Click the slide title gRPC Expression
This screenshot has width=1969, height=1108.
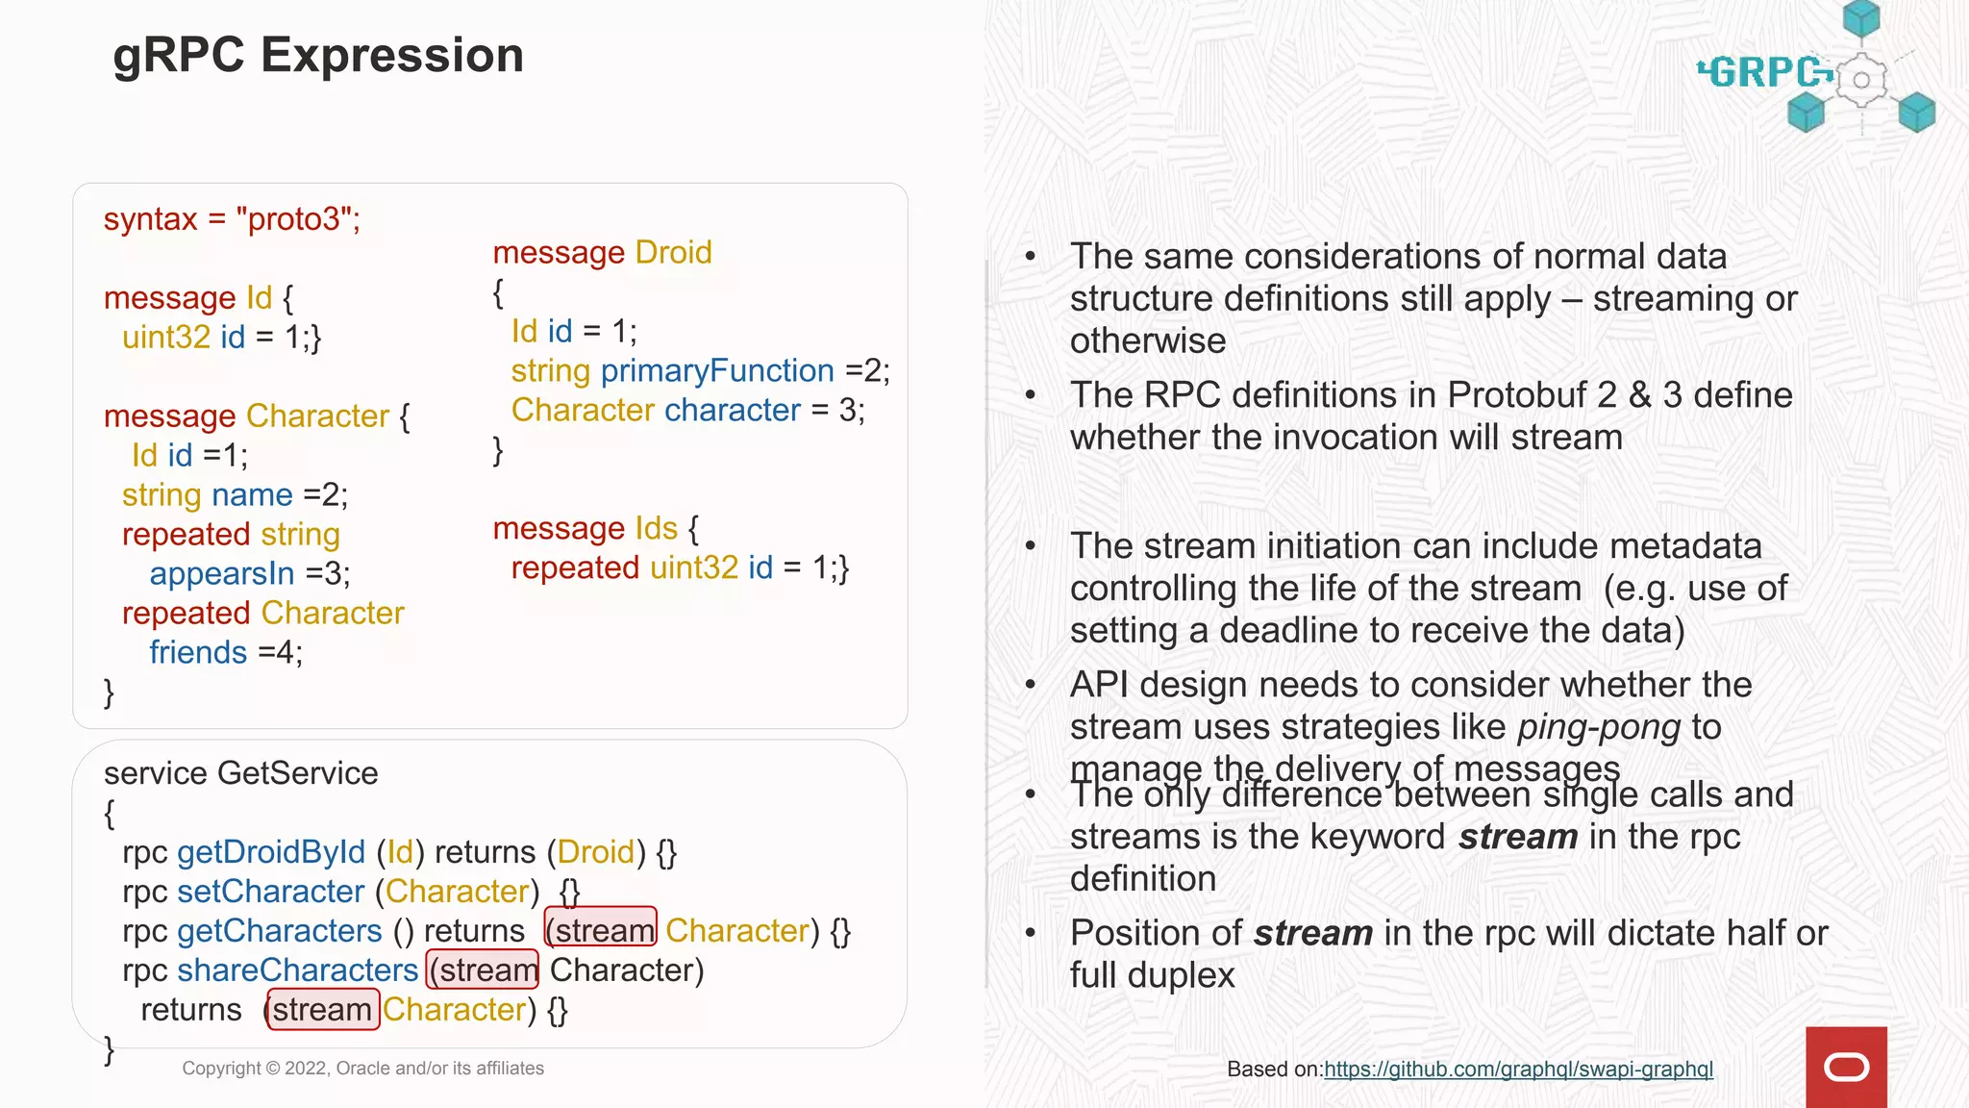318,55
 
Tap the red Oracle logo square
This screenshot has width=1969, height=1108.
1845,1067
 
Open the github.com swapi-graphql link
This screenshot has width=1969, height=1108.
1518,1070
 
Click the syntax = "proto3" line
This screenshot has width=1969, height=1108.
232,219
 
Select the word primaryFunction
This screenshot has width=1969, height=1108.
717,371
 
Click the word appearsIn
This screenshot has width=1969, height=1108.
222,574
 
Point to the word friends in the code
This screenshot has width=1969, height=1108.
198,653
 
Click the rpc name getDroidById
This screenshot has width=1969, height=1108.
271,852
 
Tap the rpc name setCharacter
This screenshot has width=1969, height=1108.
271,892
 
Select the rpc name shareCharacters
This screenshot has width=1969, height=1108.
298,970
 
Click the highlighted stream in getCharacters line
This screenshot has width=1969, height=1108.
602,931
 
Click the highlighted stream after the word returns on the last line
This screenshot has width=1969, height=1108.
323,1010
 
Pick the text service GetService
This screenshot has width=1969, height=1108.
240,773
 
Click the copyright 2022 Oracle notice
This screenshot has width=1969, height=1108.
362,1069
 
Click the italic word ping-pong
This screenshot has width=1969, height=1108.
1598,727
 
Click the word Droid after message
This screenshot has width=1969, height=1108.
673,253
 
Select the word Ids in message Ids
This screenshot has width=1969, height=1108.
656,529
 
